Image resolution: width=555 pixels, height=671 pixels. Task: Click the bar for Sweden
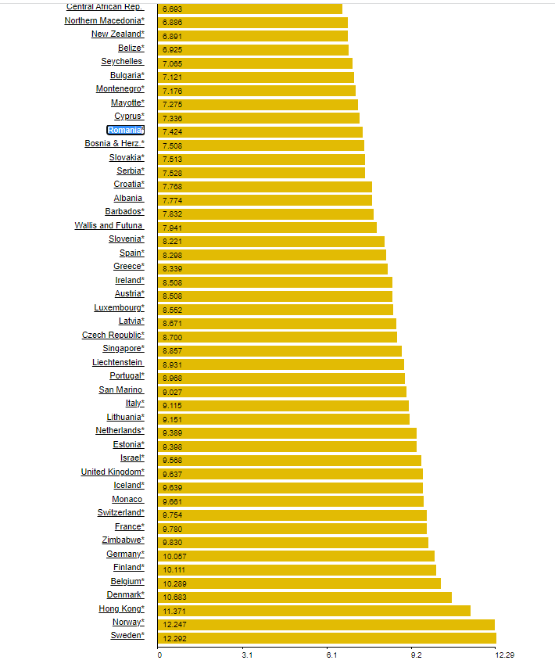point(328,638)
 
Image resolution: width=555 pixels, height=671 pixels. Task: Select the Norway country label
point(127,623)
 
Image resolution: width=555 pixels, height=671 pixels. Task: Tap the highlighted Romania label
point(125,130)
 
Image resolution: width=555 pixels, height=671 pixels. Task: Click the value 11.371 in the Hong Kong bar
point(175,611)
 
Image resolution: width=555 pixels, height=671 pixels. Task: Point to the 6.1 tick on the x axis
point(331,655)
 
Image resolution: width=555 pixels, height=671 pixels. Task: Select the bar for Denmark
point(305,597)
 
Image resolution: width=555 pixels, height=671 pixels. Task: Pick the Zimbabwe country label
point(123,540)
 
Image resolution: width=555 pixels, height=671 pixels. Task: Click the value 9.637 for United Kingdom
point(173,474)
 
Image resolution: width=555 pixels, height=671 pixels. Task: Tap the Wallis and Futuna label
point(109,226)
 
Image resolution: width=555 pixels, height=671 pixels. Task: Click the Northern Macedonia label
point(104,20)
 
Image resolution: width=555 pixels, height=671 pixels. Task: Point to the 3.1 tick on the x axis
point(247,655)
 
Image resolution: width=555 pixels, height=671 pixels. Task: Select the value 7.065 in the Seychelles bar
point(173,63)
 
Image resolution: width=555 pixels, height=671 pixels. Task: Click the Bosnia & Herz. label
point(114,144)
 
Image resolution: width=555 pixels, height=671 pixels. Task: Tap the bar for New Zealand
point(253,36)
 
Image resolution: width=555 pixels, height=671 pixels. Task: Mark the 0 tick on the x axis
point(159,655)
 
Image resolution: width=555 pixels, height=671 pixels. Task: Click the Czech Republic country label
point(113,335)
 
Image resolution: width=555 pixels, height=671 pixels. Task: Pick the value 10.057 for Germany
point(175,556)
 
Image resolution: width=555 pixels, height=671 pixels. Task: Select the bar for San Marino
point(282,392)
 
